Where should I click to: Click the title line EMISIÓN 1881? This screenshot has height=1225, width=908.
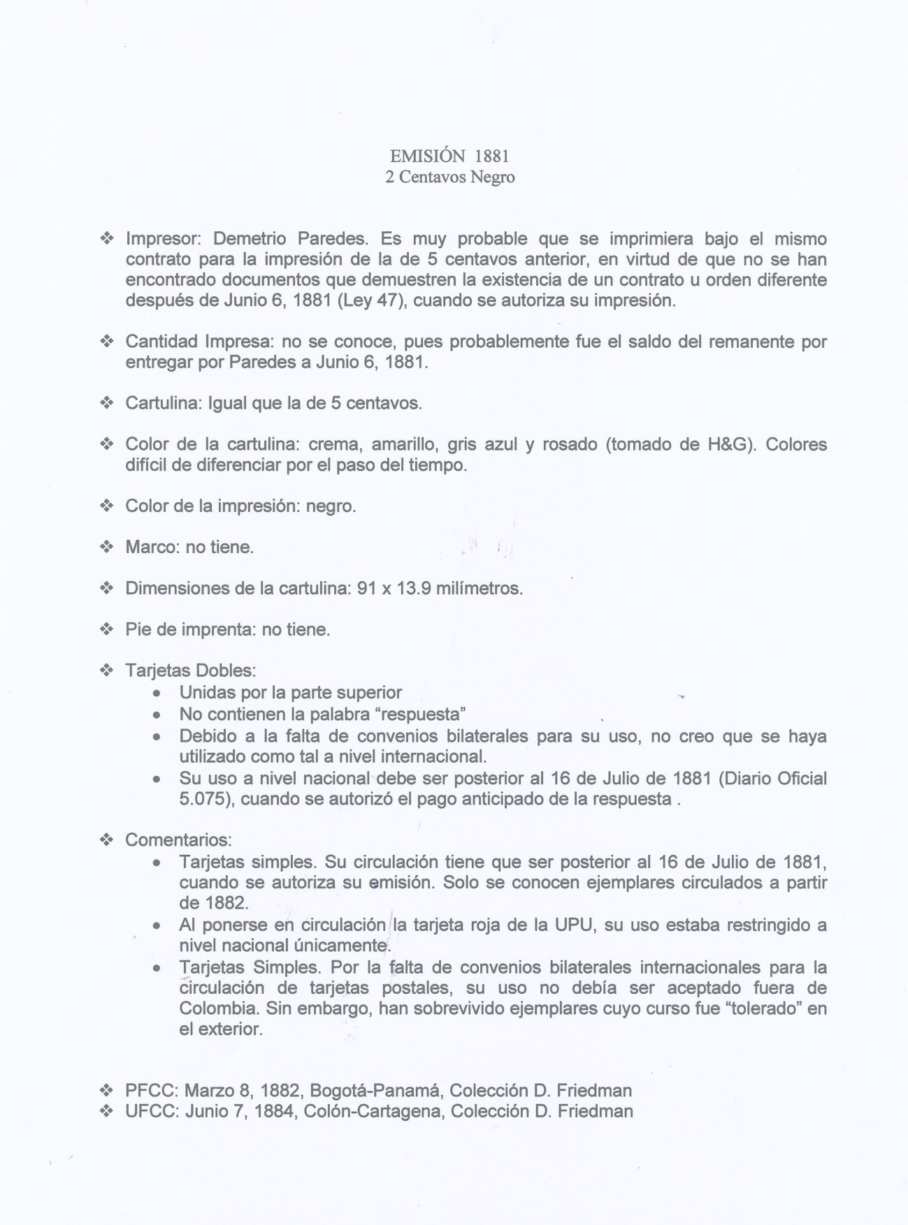tap(449, 155)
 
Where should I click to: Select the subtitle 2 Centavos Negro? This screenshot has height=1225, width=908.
tap(449, 177)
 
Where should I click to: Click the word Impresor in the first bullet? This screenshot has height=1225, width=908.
tap(163, 239)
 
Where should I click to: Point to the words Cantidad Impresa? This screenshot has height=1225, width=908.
tap(199, 342)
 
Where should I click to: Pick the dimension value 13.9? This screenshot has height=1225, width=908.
tap(413, 588)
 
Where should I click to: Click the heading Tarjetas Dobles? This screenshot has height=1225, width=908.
tap(189, 670)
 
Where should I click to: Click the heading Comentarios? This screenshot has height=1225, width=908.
tap(178, 839)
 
